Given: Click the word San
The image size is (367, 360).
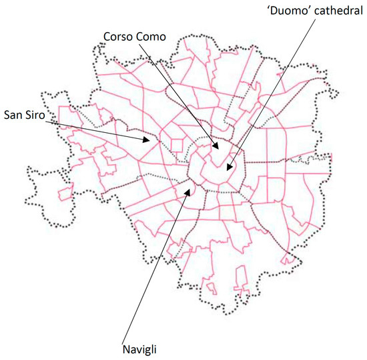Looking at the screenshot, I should coord(13,114).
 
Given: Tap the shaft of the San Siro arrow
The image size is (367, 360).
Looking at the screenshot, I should coord(93,127).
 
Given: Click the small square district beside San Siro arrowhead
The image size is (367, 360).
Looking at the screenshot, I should coord(177,144).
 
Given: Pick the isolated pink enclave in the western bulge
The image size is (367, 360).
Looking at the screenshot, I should coord(65,194).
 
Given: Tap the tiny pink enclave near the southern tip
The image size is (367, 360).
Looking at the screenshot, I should coord(211,289).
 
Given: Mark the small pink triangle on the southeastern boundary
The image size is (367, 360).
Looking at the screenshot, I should coord(288,257).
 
